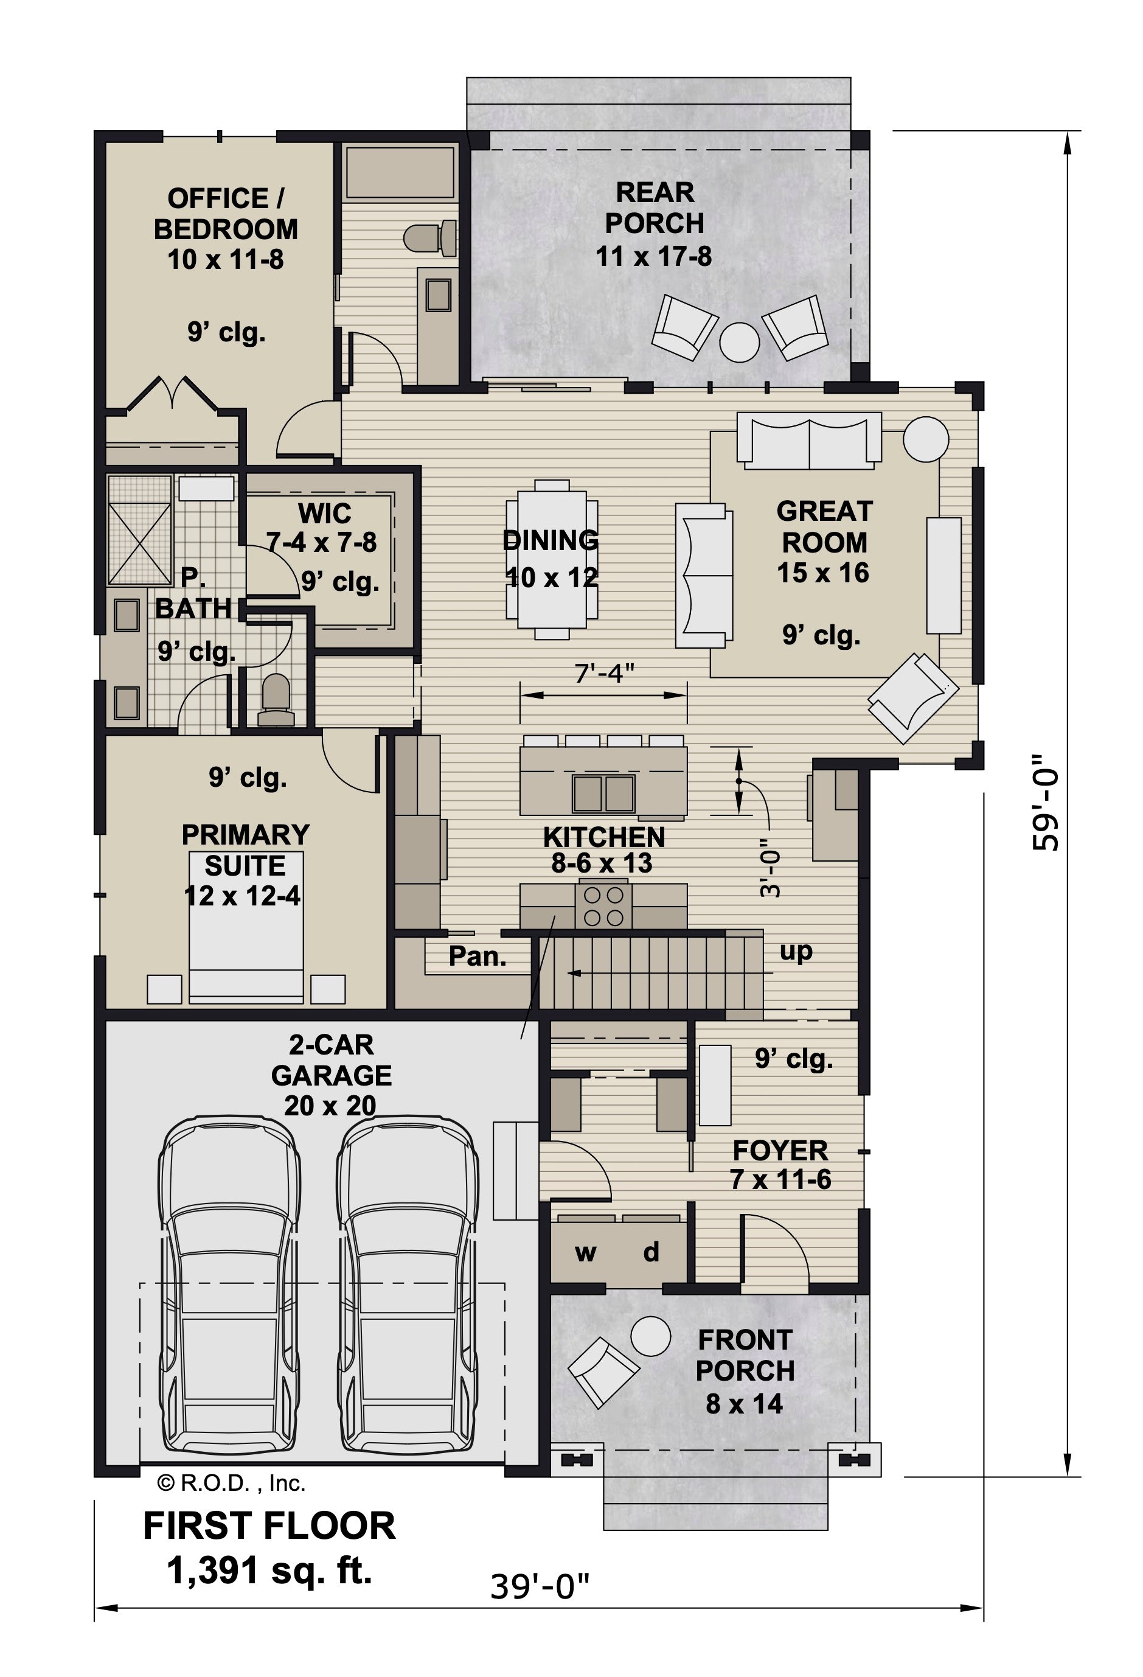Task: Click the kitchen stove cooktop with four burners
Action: pyautogui.click(x=603, y=905)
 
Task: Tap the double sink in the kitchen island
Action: pyautogui.click(x=604, y=793)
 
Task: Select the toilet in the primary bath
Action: pyautogui.click(x=276, y=700)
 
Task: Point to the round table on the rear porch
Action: pyautogui.click(x=739, y=342)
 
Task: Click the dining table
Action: pyautogui.click(x=552, y=559)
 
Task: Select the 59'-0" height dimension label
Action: pyautogui.click(x=1046, y=803)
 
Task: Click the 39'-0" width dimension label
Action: pyautogui.click(x=540, y=1587)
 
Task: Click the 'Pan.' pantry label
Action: pyautogui.click(x=478, y=957)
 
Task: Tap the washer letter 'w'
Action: pyautogui.click(x=585, y=1253)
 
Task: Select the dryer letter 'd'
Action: pyautogui.click(x=651, y=1250)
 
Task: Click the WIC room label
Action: pyautogui.click(x=325, y=514)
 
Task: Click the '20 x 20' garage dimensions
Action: pyautogui.click(x=330, y=1106)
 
